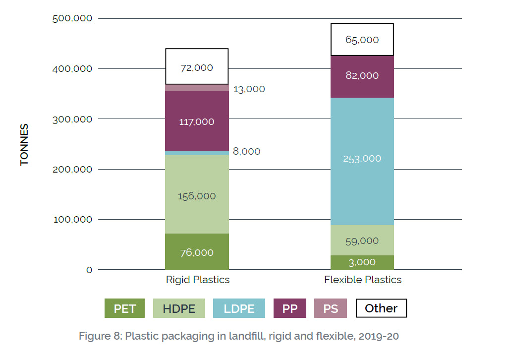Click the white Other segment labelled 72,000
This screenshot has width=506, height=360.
pyautogui.click(x=197, y=66)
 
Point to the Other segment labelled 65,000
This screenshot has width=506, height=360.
pyautogui.click(x=362, y=39)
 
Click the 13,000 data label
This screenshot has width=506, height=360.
pyautogui.click(x=249, y=89)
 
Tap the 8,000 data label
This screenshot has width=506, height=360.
pyautogui.click(x=246, y=151)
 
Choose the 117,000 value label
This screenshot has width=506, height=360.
pyautogui.click(x=197, y=121)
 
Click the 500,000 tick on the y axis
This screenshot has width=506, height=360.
pyautogui.click(x=72, y=18)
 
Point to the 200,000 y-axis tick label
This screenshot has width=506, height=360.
pyautogui.click(x=72, y=169)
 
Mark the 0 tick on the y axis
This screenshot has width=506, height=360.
pyautogui.click(x=89, y=270)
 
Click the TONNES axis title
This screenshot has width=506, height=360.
pyautogui.click(x=24, y=144)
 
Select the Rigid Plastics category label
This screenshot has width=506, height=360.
pyautogui.click(x=198, y=280)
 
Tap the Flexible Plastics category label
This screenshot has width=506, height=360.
pyautogui.click(x=363, y=280)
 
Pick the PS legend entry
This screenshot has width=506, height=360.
pyautogui.click(x=331, y=308)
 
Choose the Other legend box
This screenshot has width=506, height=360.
pyautogui.click(x=381, y=308)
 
